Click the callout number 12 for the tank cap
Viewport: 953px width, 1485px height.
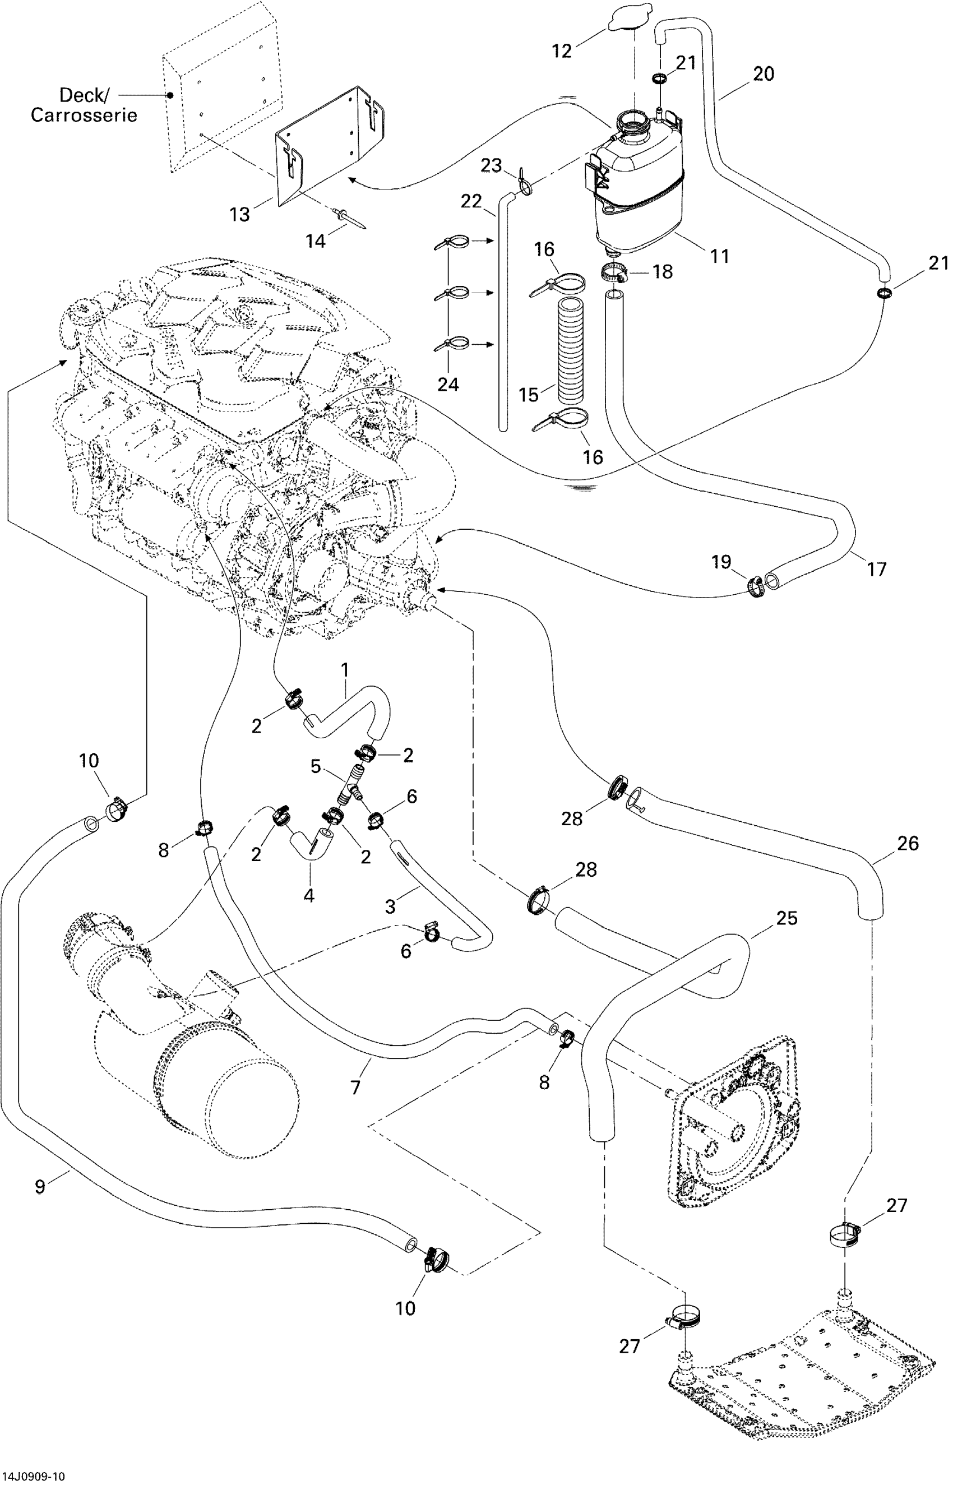point(562,51)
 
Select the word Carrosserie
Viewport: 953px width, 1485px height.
point(84,115)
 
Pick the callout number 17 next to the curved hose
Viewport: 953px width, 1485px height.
point(876,568)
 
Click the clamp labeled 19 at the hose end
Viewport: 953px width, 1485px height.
point(755,584)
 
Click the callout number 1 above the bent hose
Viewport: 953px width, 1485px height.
point(345,670)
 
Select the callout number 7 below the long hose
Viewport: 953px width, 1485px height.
point(355,1087)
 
